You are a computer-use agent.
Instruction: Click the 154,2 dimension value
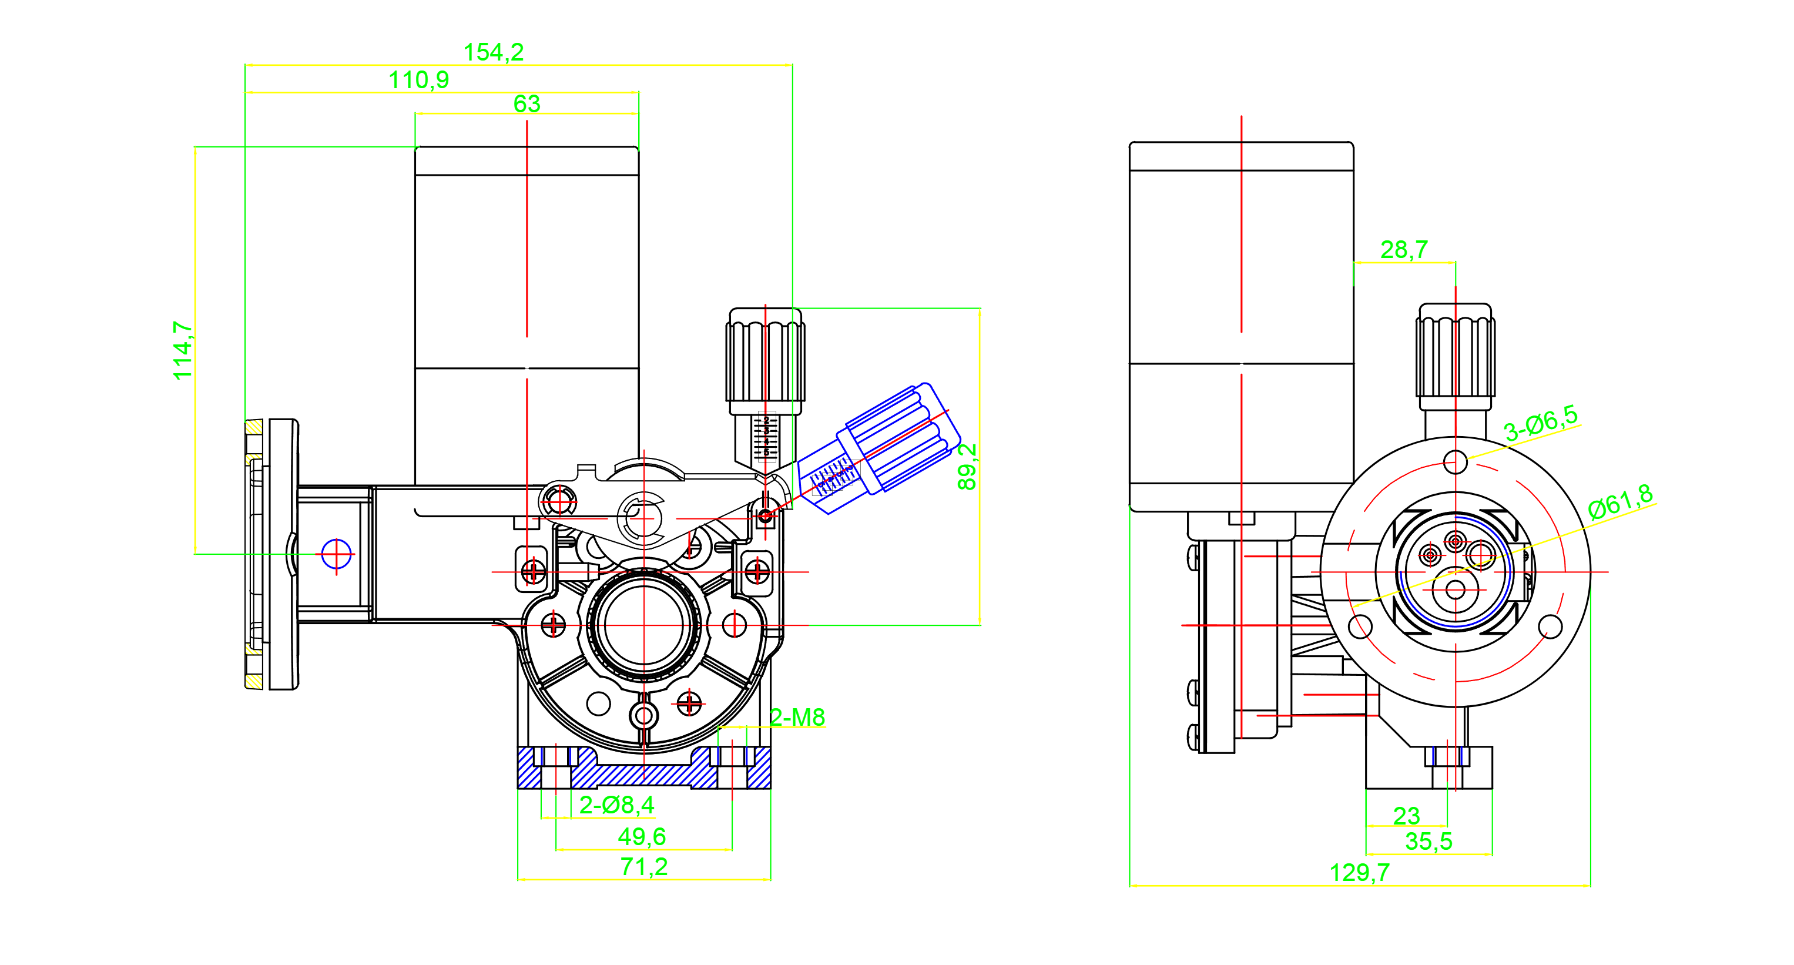pyautogui.click(x=493, y=52)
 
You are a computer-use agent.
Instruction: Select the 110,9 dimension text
pyautogui.click(x=418, y=80)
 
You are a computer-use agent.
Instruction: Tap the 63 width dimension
pyautogui.click(x=527, y=104)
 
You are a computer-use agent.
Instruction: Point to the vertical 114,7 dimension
pyautogui.click(x=183, y=350)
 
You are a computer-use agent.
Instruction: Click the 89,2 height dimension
pyautogui.click(x=967, y=467)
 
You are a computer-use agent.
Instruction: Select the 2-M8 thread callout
pyautogui.click(x=797, y=717)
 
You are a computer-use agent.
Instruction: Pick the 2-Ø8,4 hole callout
pyautogui.click(x=616, y=806)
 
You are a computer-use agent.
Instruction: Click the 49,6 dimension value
pyautogui.click(x=642, y=836)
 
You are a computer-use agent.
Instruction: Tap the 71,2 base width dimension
pyautogui.click(x=643, y=867)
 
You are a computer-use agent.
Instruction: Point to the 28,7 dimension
pyautogui.click(x=1404, y=249)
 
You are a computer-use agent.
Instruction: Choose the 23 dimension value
pyautogui.click(x=1406, y=815)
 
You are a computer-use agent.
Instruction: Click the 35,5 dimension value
pyautogui.click(x=1429, y=842)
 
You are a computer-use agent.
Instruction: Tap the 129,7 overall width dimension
pyautogui.click(x=1359, y=872)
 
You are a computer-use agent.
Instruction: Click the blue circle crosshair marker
pyautogui.click(x=336, y=555)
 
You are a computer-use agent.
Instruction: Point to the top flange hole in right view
pyautogui.click(x=1455, y=461)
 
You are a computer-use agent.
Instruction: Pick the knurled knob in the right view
pyautogui.click(x=1455, y=356)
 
